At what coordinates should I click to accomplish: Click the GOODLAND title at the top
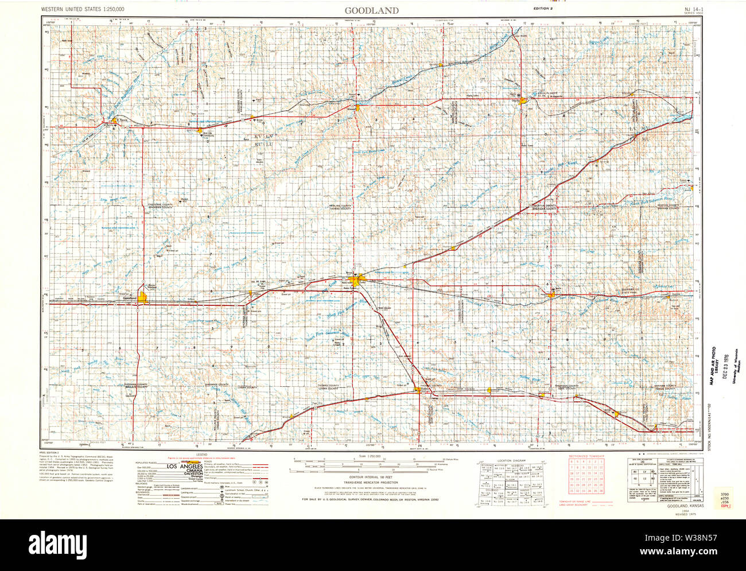click(371, 10)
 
